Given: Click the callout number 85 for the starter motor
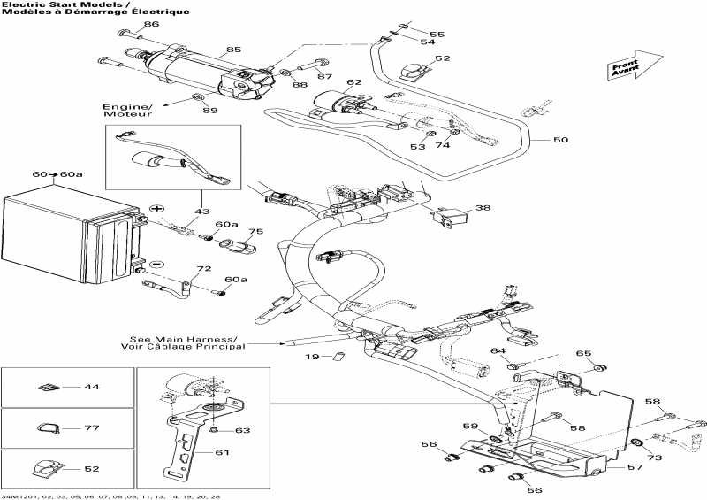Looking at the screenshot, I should coord(233,49).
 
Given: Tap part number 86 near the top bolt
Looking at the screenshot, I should coord(152,24).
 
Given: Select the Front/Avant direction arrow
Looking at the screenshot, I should coord(635,67).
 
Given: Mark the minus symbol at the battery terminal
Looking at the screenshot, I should coord(155,264).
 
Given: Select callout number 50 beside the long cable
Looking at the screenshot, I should coord(561,140).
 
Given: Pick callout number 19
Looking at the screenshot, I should coord(312,357).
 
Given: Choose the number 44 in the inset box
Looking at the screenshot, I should coord(92,388).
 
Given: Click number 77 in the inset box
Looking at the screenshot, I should coord(92,427).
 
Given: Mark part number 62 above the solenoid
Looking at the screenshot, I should coord(353,82).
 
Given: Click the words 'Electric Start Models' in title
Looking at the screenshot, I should coord(53,5).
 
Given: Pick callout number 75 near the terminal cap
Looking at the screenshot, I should coord(255,232).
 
